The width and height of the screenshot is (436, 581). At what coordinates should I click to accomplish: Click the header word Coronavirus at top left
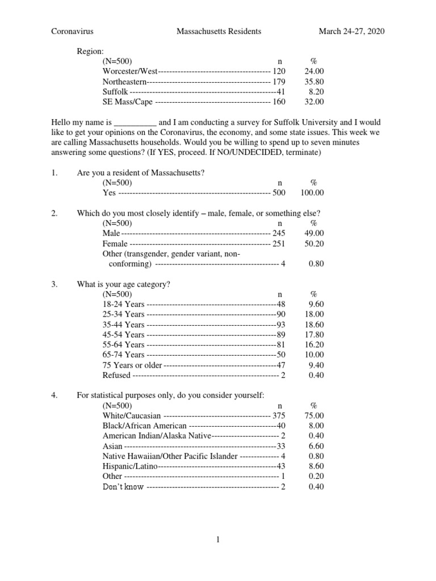(x=72, y=32)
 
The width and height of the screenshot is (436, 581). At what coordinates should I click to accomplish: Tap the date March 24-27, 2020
(x=351, y=32)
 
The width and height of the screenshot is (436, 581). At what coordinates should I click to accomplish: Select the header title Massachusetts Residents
(x=219, y=32)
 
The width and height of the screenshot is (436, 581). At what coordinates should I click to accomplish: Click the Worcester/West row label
(x=130, y=71)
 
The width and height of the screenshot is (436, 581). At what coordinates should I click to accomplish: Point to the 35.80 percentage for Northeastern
(x=314, y=82)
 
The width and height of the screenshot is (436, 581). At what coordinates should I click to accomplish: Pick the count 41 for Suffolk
(x=280, y=92)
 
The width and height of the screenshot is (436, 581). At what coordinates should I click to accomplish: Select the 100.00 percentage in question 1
(x=312, y=193)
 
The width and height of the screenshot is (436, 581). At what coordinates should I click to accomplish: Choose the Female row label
(x=115, y=244)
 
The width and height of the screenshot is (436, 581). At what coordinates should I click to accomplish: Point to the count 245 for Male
(x=279, y=234)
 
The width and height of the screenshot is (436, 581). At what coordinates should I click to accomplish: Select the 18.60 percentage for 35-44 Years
(x=314, y=325)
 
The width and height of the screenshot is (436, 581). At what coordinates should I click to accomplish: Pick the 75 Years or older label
(x=132, y=365)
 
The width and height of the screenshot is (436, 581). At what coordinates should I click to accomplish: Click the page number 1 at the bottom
(x=217, y=540)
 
